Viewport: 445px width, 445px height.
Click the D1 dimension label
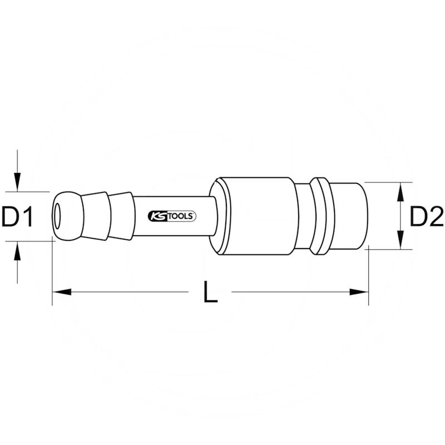(x=18, y=217)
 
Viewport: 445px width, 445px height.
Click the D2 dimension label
(x=426, y=217)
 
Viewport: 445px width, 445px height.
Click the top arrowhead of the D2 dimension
(x=399, y=192)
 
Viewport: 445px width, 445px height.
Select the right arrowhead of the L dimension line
(x=358, y=291)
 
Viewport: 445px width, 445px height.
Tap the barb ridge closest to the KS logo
(x=121, y=216)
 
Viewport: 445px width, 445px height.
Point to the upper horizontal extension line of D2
(x=389, y=182)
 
